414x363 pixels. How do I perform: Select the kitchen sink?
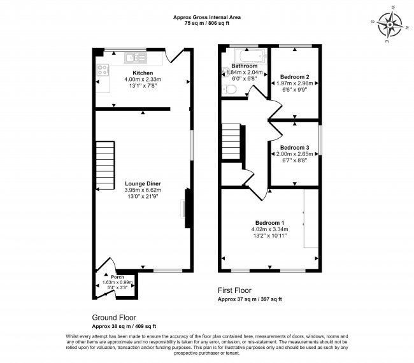pos(136,57)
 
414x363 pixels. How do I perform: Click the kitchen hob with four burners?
pos(103,71)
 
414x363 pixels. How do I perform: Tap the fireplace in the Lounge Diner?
pos(185,208)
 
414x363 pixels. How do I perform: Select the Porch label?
pos(117,277)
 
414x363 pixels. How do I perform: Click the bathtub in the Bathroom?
pos(245,55)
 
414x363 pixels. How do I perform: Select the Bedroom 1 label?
pos(269,222)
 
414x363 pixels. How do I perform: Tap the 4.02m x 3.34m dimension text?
pos(269,229)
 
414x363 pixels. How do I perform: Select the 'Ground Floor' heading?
pos(113,317)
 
